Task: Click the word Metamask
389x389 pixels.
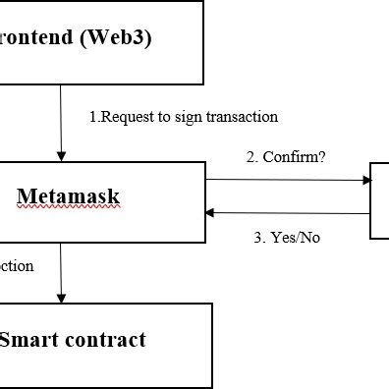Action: coord(69,196)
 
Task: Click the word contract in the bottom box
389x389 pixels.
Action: coord(108,340)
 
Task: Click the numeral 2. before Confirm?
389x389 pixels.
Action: coord(253,157)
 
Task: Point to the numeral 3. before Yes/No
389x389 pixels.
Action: coord(259,237)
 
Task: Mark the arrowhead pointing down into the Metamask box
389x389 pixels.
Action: coord(62,156)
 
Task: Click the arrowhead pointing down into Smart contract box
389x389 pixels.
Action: coord(62,297)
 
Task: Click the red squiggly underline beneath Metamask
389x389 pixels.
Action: coord(69,208)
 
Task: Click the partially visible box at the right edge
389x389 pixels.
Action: coord(379,201)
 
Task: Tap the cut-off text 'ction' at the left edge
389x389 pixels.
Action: coord(16,265)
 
